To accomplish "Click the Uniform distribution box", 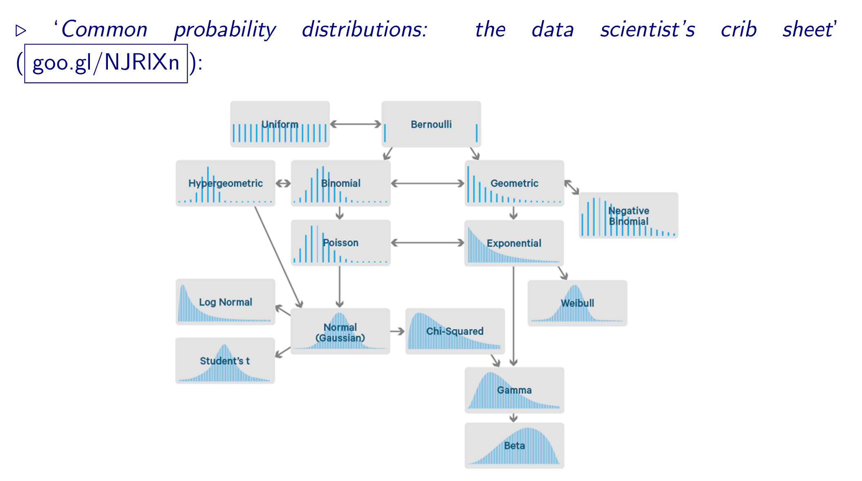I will [280, 124].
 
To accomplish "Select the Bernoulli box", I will [431, 124].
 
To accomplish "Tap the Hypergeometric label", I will [225, 183].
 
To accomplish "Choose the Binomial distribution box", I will [340, 183].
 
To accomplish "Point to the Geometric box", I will [514, 183].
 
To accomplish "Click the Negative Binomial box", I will [628, 216].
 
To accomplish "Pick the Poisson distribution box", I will [340, 243].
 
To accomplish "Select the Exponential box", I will [514, 243].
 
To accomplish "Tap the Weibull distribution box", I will [577, 303].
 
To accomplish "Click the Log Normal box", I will [225, 302].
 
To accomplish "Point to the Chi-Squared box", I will [455, 331].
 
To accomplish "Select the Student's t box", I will [225, 361].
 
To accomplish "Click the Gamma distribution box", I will [514, 390].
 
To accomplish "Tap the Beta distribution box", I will [514, 445].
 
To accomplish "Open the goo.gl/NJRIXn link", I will [106, 63].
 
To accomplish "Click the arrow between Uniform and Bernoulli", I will [355, 124].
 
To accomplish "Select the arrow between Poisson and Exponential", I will [427, 243].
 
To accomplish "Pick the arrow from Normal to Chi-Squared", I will [397, 331].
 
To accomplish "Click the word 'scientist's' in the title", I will [647, 30].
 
